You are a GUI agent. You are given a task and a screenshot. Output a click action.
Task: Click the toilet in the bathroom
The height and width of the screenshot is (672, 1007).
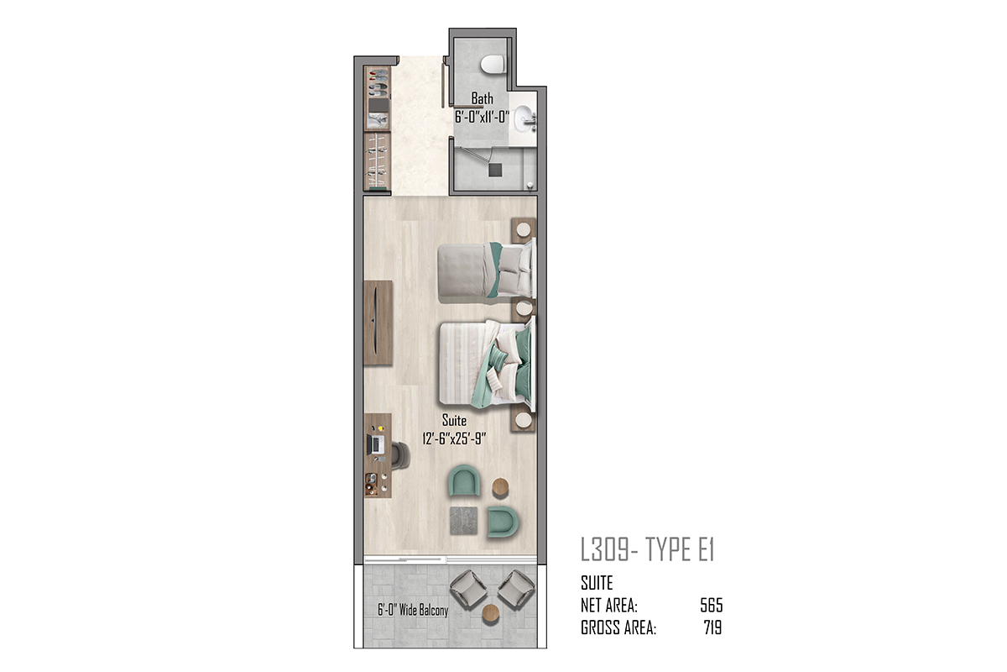point(493,65)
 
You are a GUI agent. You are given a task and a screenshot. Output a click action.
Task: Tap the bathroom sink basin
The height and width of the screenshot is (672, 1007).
point(522,118)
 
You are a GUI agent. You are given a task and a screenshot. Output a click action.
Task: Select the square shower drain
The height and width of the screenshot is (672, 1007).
point(495,170)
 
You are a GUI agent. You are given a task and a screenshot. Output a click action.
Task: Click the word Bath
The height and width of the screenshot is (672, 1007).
point(482,98)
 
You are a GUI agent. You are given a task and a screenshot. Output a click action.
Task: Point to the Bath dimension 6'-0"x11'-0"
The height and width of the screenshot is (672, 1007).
point(482,117)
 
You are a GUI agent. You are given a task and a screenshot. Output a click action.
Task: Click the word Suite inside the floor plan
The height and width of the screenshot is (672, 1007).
point(454,420)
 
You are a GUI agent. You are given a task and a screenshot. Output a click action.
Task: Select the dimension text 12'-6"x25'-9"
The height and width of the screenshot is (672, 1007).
point(454,438)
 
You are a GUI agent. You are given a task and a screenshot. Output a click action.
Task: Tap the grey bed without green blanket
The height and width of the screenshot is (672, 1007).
point(487,272)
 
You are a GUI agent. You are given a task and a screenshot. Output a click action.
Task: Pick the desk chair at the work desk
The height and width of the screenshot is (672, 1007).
point(400,455)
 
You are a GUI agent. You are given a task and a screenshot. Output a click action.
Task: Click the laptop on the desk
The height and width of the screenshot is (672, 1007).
point(376,444)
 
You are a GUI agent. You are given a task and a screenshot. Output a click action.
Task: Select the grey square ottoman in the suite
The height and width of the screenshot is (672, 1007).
point(463,520)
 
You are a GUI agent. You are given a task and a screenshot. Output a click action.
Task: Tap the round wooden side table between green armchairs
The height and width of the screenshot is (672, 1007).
point(500,487)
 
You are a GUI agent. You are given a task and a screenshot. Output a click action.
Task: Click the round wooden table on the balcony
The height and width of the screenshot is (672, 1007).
point(490,613)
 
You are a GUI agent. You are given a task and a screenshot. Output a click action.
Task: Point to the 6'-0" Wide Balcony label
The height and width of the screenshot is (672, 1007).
point(413,610)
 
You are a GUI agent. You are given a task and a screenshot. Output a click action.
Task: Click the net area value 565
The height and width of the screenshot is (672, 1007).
point(712,606)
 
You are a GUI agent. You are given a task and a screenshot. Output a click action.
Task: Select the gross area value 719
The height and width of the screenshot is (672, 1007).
point(713,627)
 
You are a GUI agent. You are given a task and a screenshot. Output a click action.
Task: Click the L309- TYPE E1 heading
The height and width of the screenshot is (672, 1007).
point(647,549)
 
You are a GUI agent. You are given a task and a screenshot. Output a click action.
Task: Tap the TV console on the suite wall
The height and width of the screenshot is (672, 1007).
point(378,323)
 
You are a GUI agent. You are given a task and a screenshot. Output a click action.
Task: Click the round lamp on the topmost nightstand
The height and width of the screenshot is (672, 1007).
point(523,229)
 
